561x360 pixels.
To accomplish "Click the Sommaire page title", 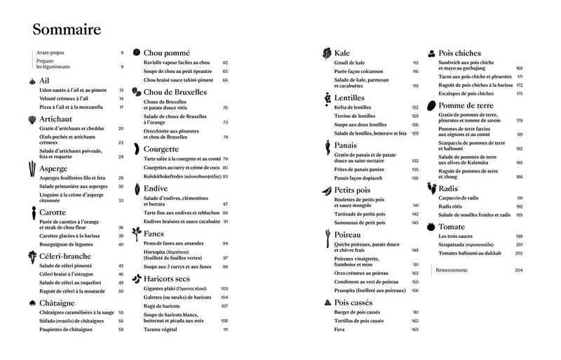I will tap(67, 29).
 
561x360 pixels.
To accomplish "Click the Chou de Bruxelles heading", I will tap(175, 92).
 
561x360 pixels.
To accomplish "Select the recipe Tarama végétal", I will tap(162, 329).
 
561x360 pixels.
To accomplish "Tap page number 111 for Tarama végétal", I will tap(226, 329).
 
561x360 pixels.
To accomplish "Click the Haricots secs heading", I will tap(168, 279).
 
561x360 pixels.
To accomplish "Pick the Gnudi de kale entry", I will tap(349, 62).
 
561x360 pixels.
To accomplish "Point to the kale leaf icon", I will tap(327, 53).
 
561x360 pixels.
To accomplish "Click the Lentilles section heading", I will tap(354, 98).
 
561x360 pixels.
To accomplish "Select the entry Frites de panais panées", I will tap(360, 169).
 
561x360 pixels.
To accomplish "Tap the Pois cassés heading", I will tap(358, 302).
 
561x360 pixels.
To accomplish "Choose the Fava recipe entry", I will tap(339, 329).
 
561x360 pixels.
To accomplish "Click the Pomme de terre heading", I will tap(467, 105).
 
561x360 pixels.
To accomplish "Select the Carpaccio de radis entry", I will tap(459, 197).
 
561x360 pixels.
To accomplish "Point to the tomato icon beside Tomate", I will tap(431, 227).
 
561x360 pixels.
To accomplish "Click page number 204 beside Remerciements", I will tap(519, 270).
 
